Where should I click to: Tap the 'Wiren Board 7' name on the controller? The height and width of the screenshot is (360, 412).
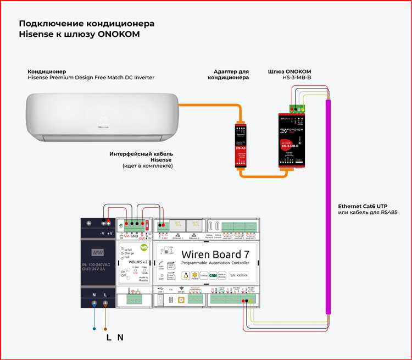pyautogui.click(x=219, y=254)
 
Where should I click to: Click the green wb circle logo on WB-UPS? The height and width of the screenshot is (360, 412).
pyautogui.click(x=144, y=248)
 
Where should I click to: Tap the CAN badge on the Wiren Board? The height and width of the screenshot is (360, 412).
pyautogui.click(x=213, y=275)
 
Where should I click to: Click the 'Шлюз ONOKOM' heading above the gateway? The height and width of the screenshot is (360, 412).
pyautogui.click(x=289, y=71)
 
